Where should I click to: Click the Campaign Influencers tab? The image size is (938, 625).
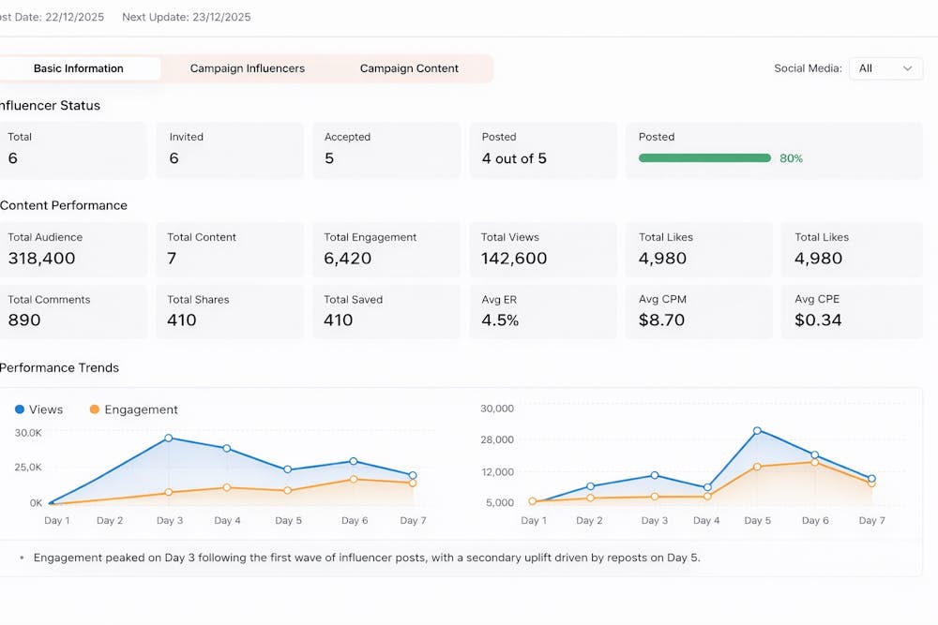[247, 68]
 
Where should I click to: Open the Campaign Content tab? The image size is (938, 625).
[409, 68]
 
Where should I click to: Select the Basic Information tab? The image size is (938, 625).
[79, 68]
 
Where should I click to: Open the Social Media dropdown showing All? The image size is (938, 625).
[885, 68]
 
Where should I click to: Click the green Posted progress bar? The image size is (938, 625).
[704, 158]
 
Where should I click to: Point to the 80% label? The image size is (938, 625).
[791, 158]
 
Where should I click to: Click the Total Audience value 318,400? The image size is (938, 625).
[42, 259]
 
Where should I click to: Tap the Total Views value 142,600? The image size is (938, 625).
[514, 259]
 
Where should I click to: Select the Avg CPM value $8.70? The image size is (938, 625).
[662, 320]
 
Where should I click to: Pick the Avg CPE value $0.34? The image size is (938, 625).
[818, 320]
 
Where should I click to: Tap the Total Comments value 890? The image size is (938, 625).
[24, 320]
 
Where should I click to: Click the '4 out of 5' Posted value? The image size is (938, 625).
[514, 158]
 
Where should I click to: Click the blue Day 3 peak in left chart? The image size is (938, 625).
[169, 438]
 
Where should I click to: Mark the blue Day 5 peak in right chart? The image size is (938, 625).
[757, 431]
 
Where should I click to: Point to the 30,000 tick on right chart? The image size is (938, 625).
[497, 409]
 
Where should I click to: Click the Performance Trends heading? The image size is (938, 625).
[59, 368]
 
